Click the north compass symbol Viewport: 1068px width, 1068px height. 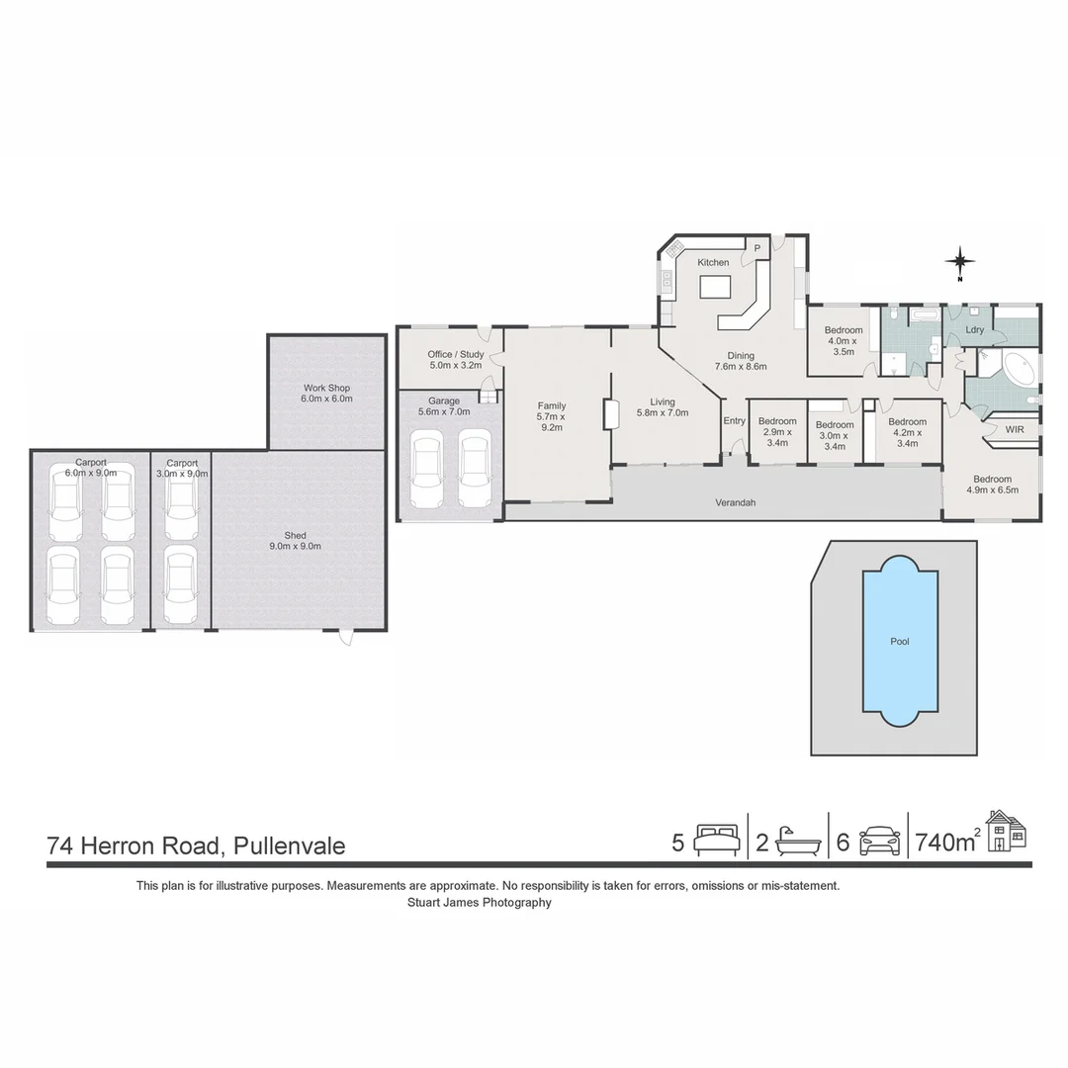click(959, 262)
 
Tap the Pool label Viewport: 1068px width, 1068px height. click(899, 642)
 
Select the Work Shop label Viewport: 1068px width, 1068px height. click(326, 393)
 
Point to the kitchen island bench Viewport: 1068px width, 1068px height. click(715, 287)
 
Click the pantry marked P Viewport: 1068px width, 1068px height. click(758, 247)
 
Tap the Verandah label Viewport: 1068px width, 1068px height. click(735, 503)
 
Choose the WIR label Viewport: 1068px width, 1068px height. click(1015, 430)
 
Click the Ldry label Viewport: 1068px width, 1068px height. click(974, 329)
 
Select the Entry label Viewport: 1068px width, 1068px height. click(734, 421)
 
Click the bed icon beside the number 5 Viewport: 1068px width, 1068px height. click(716, 841)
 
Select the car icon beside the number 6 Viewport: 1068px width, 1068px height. click(880, 841)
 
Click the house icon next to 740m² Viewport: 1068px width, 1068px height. click(1007, 831)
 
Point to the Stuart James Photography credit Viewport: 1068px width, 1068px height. click(479, 902)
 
